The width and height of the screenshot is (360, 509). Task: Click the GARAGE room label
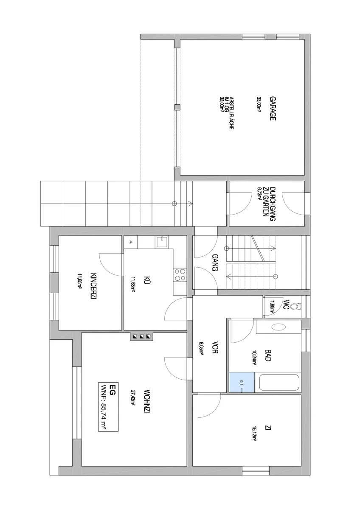(x=273, y=109)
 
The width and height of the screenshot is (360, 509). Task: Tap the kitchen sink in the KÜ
(x=162, y=241)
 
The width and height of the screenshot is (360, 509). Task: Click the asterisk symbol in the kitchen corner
(x=130, y=242)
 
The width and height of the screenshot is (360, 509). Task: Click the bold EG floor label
(x=112, y=389)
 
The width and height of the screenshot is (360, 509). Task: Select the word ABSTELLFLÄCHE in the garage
(x=231, y=113)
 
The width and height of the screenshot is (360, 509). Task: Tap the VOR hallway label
(x=215, y=347)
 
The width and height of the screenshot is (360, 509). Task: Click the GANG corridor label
(x=215, y=263)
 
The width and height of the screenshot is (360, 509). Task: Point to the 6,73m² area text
(x=259, y=193)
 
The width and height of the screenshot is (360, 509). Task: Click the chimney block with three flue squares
(x=141, y=336)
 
